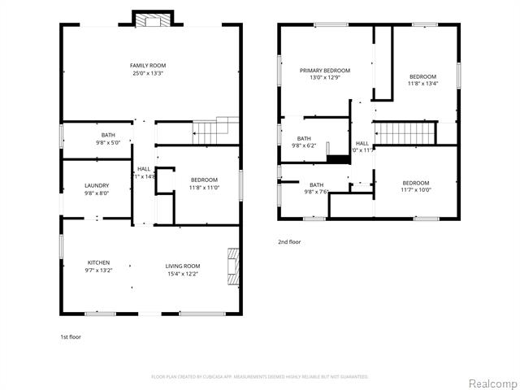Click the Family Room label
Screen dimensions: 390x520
coord(148,65)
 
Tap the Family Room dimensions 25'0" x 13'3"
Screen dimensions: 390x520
coord(148,73)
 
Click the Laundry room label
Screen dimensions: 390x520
coord(96,185)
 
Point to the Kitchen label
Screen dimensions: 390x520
coord(99,262)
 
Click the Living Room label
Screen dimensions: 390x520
coord(183,266)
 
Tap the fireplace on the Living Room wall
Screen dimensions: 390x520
coord(234,267)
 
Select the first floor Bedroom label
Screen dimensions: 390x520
coord(204,180)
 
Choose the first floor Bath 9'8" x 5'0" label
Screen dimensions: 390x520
coord(108,135)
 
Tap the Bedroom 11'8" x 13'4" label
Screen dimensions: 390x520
coord(422,76)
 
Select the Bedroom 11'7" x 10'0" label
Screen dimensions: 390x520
coord(416,183)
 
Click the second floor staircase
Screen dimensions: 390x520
coord(405,132)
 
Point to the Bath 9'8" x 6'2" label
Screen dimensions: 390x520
coord(304,139)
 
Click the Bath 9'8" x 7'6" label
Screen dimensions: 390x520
coord(316,184)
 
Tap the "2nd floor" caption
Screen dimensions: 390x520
coord(290,242)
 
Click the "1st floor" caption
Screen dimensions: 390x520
coord(71,336)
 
